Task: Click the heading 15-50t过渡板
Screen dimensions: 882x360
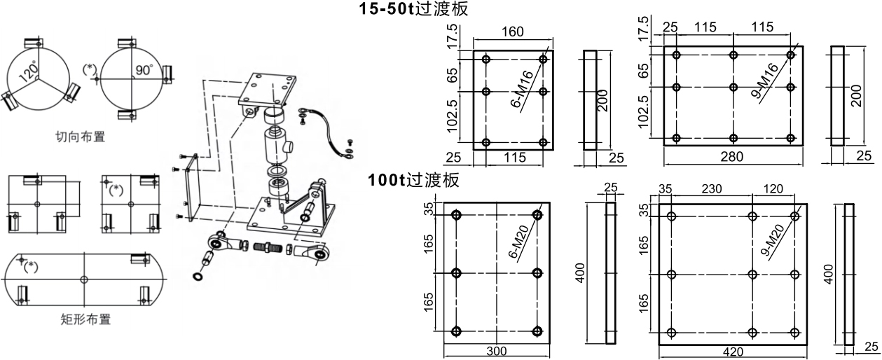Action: (x=413, y=8)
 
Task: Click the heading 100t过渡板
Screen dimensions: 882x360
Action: (x=413, y=180)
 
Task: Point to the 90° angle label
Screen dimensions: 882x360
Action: (x=144, y=69)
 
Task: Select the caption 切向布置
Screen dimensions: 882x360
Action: (x=81, y=137)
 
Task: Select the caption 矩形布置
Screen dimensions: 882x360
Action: (x=85, y=319)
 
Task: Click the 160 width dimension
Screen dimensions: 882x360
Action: (x=513, y=32)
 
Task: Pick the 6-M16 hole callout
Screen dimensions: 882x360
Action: (x=522, y=89)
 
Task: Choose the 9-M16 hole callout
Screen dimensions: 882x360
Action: (x=764, y=81)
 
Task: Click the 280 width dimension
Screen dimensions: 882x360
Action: (x=732, y=157)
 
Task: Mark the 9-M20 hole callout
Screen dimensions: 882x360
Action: (x=773, y=240)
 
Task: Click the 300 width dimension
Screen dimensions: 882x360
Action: (x=497, y=351)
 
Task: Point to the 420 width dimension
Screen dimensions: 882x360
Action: (x=733, y=352)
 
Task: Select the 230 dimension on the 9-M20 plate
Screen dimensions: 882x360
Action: (x=712, y=189)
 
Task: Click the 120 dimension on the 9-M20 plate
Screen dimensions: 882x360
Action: (x=773, y=189)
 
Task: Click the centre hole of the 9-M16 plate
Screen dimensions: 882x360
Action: (x=733, y=87)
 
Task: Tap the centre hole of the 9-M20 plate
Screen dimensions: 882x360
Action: (x=752, y=275)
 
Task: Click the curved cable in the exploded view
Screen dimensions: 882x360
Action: (x=326, y=126)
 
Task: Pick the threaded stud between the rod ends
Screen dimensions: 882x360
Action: (x=268, y=248)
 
